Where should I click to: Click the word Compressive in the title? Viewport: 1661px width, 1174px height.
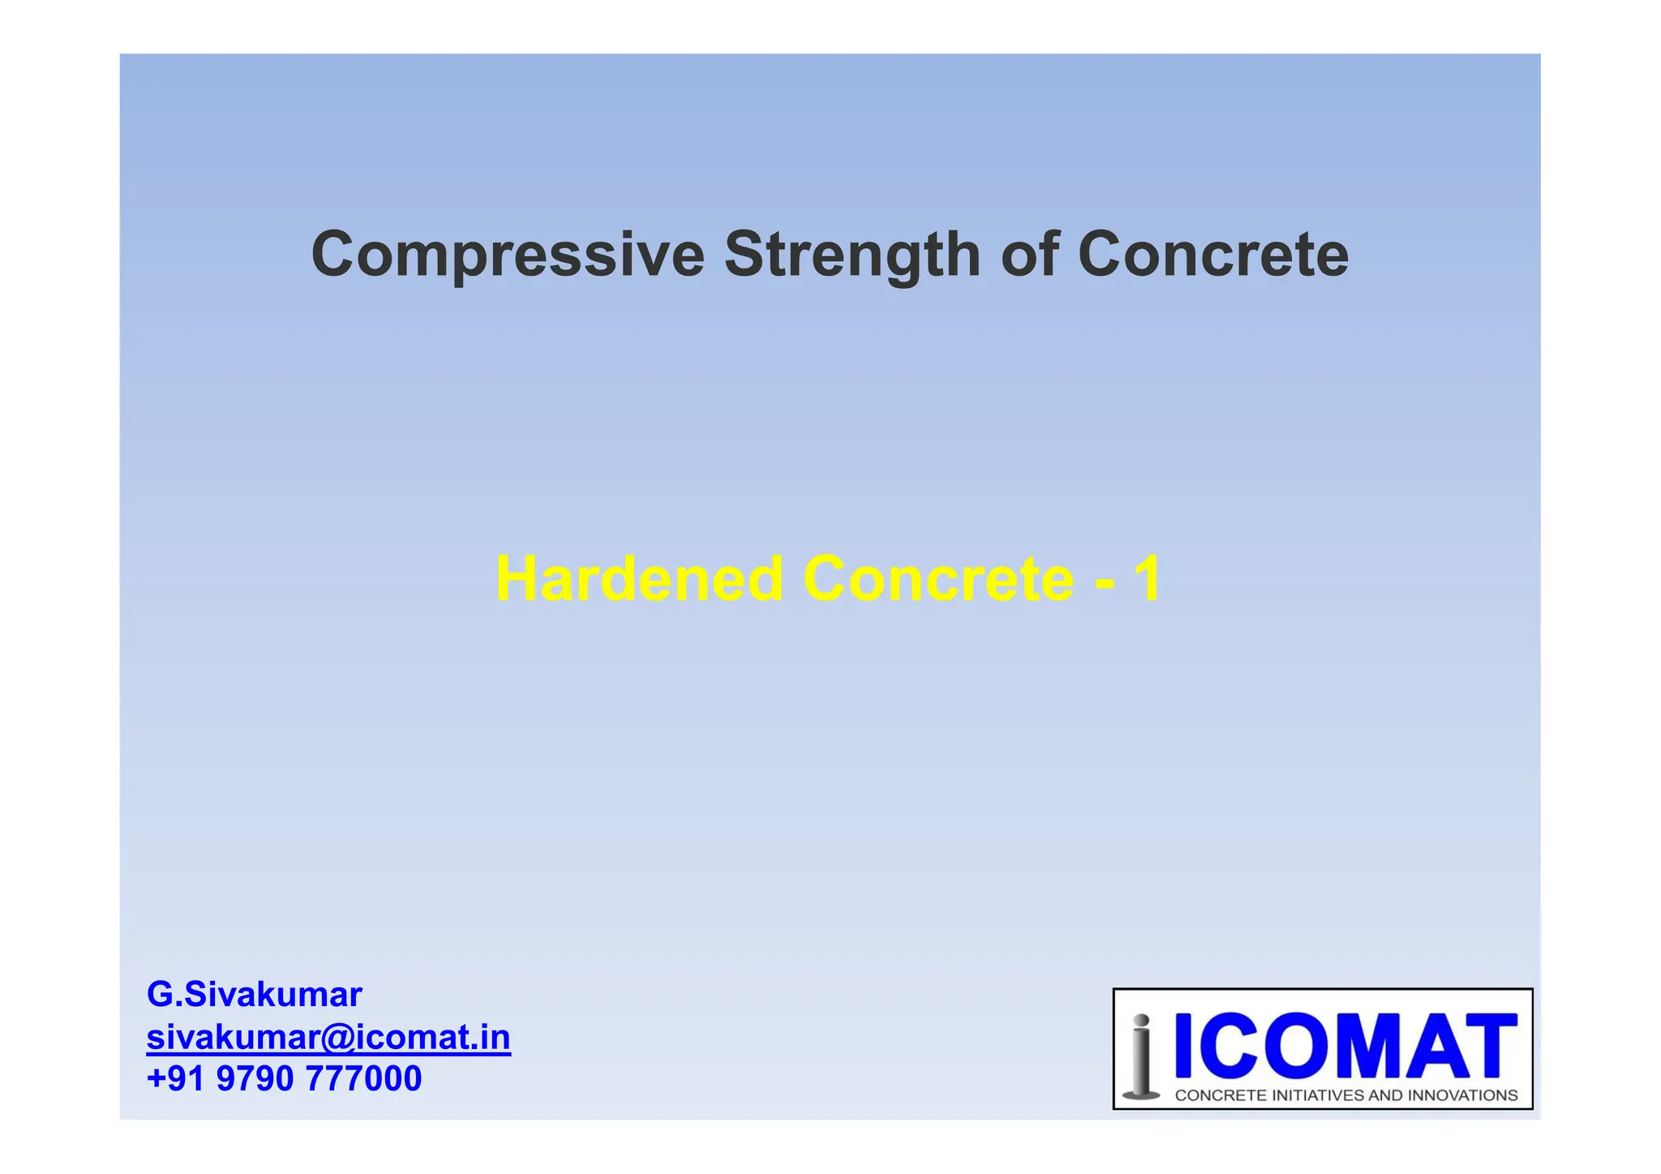(508, 255)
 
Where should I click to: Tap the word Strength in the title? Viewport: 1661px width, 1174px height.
(852, 255)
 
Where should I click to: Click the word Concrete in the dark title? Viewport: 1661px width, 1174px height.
(1213, 255)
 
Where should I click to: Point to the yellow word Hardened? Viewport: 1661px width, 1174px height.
(639, 578)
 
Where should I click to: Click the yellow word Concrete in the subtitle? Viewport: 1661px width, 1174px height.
(938, 578)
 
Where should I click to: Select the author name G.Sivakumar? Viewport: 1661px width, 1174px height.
(254, 994)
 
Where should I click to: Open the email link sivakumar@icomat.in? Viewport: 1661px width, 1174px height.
(328, 1037)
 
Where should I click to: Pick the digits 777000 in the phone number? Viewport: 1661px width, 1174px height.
(363, 1079)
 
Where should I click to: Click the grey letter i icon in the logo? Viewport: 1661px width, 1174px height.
(1141, 1056)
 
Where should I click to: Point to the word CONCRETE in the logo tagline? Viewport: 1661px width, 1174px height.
(1220, 1095)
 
